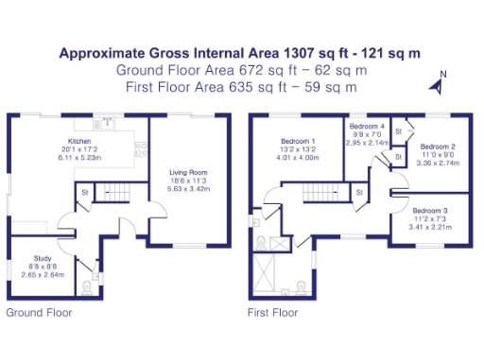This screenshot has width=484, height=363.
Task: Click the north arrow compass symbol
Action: [438, 84]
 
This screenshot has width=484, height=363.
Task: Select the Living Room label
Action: [189, 171]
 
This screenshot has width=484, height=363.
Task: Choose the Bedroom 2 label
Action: [438, 147]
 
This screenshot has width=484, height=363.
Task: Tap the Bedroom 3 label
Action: [430, 210]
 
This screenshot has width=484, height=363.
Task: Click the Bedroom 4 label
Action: [367, 126]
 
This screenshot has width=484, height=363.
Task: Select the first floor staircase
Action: [319, 195]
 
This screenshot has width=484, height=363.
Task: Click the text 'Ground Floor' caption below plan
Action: [39, 311]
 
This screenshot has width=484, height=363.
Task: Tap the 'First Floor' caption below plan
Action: [273, 311]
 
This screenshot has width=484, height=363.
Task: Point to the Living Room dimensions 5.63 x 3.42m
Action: [189, 187]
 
